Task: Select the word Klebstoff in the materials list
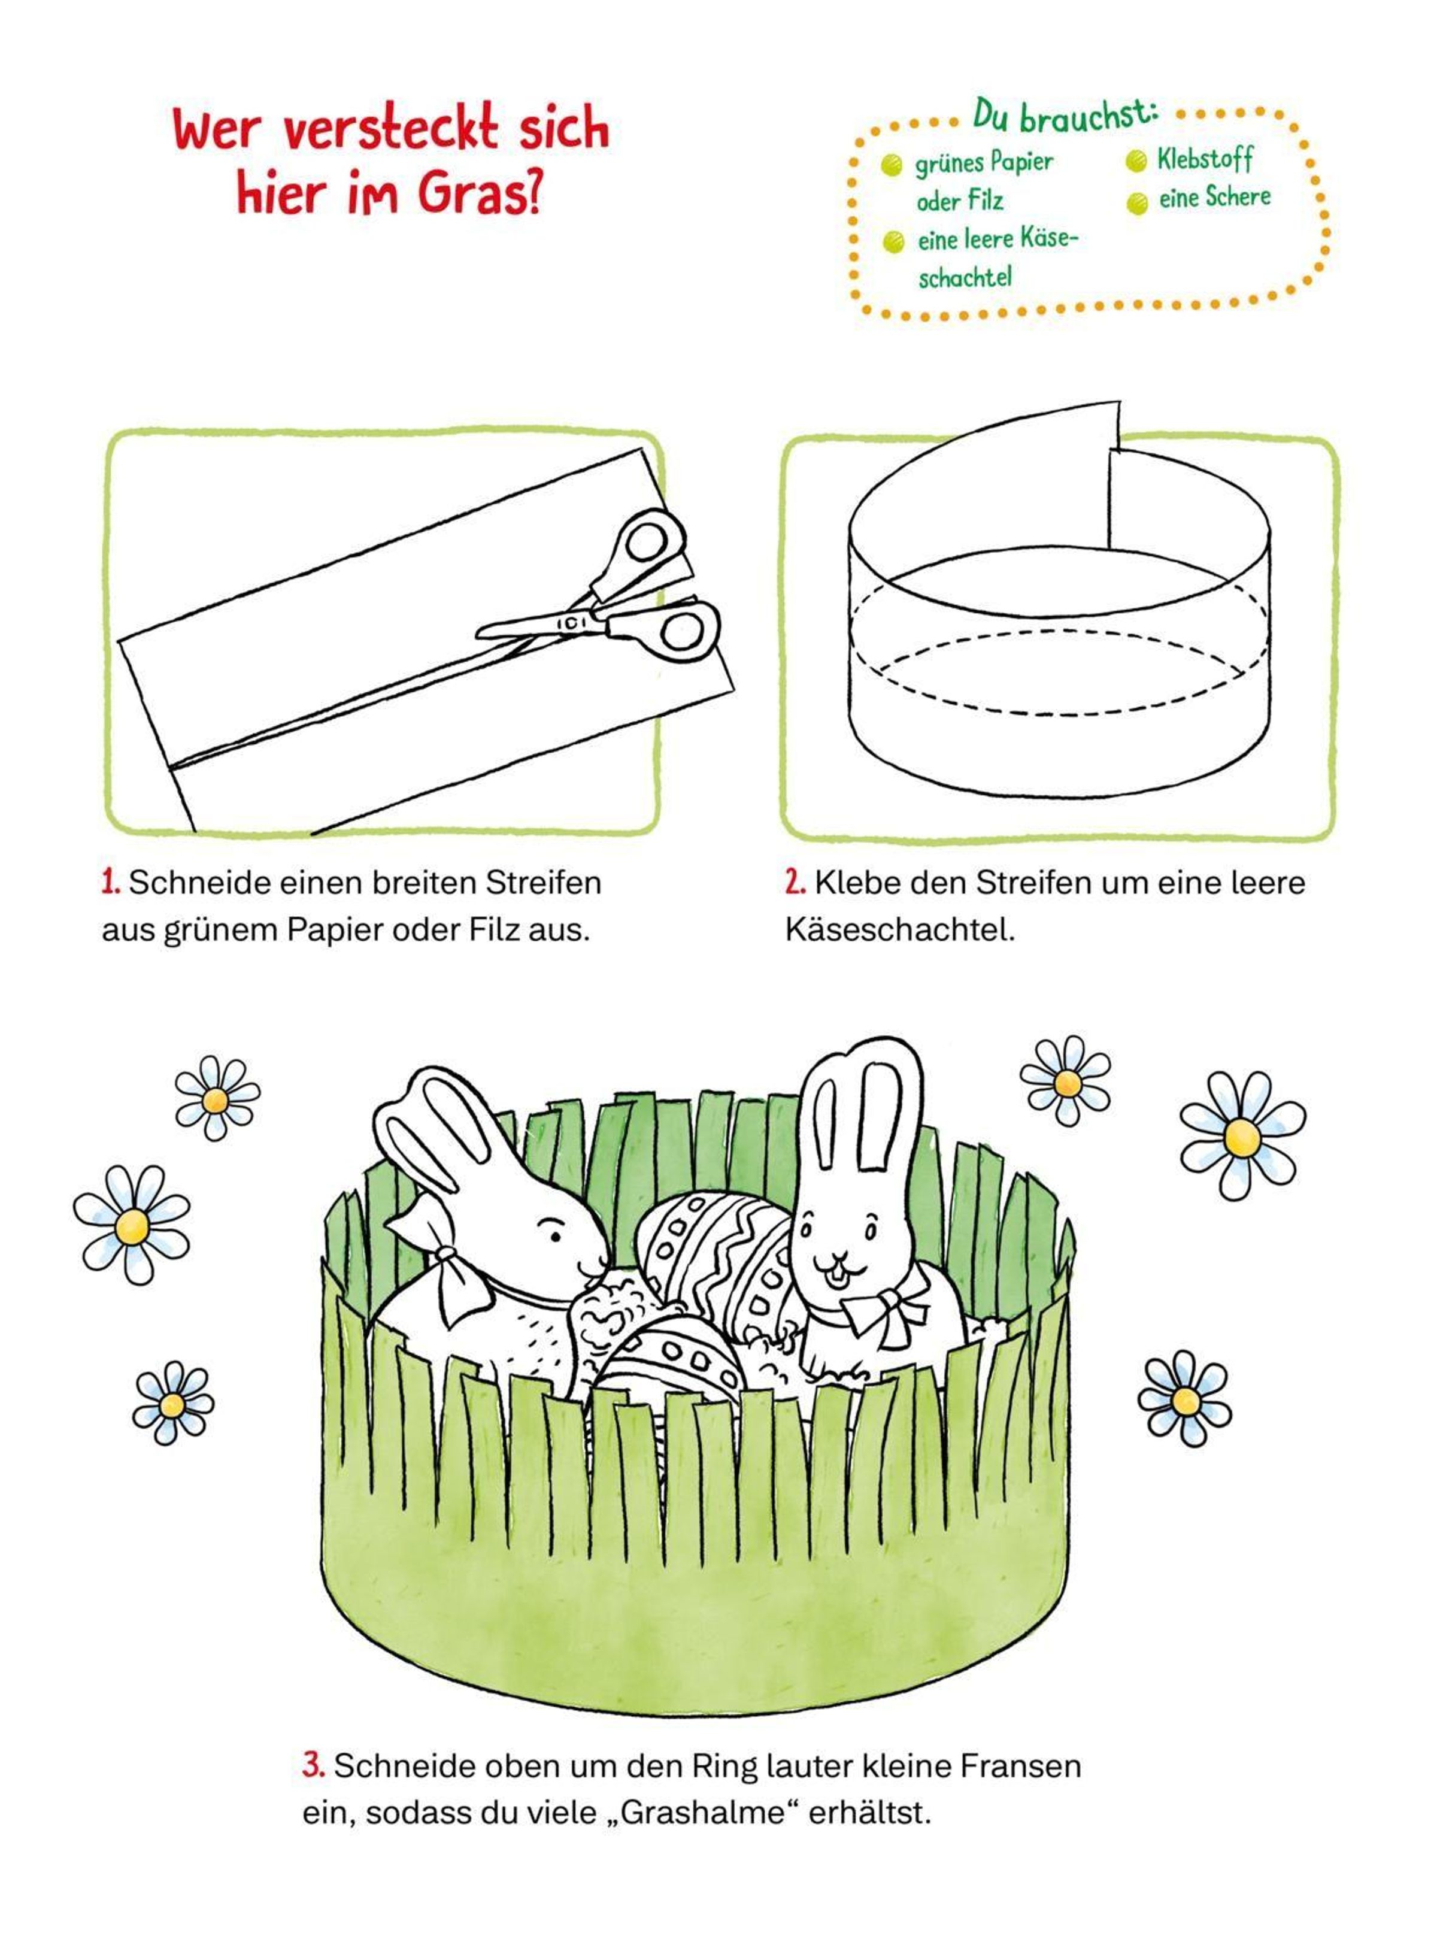1205,159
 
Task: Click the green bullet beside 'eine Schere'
1137,204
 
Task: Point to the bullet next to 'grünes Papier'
892,165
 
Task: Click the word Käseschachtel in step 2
901,930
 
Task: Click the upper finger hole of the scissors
648,540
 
